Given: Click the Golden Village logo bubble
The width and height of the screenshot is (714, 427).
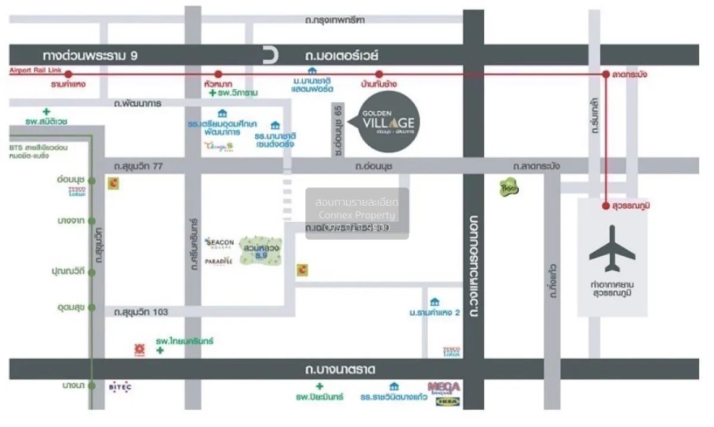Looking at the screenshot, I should coord(390,122).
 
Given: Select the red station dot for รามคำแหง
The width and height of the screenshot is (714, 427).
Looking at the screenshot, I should coord(68,74).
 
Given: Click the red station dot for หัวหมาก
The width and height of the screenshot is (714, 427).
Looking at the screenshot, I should coord(218,74).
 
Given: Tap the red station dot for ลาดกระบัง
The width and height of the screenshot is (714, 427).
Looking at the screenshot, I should coord(606,74).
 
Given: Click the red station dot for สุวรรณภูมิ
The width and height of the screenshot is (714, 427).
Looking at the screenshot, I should coord(606,206).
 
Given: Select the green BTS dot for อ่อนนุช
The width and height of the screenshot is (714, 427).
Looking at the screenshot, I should coord(92,180).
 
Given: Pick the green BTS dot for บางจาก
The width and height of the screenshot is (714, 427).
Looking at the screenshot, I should coord(92,221).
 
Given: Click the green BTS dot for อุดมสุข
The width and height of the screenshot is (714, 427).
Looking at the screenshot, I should coord(92,307).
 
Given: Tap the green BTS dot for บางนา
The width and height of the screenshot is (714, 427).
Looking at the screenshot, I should coord(92,385).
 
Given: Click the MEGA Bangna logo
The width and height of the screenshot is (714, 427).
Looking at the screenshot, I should coord(443,387).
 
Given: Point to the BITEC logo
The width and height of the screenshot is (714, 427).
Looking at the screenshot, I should coord(120,387).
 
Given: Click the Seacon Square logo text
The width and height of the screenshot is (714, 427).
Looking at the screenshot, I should coord(219,243).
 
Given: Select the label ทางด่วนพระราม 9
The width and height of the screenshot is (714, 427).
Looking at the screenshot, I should coord(90,55).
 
